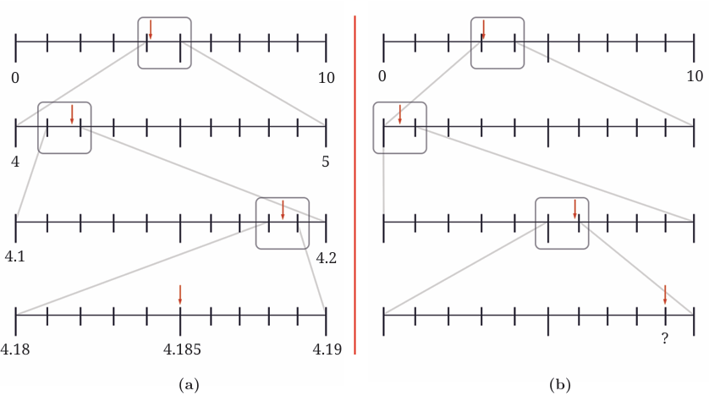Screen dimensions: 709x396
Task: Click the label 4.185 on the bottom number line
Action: point(182,349)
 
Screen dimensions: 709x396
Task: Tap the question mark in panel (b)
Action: point(665,338)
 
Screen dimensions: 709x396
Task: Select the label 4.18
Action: point(15,349)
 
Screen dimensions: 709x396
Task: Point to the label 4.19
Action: point(327,349)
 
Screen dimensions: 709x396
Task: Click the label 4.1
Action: point(15,256)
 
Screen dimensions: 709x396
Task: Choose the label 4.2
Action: point(326,258)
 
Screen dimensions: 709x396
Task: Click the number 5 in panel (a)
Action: point(326,162)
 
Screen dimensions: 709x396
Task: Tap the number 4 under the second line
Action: point(15,162)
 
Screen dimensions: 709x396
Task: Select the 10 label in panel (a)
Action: point(326,78)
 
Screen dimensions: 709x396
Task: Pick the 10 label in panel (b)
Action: point(695,76)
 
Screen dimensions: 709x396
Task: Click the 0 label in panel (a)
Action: point(15,78)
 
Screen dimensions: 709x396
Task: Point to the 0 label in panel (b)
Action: point(382,76)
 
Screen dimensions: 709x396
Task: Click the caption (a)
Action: point(189,385)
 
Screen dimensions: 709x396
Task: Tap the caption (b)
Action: point(560,385)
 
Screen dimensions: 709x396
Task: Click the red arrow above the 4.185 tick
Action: point(180,294)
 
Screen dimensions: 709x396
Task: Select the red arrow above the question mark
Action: point(665,294)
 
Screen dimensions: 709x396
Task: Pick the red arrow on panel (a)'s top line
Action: point(151,30)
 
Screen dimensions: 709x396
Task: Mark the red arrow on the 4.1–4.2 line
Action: point(283,210)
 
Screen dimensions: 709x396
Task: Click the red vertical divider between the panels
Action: point(355,185)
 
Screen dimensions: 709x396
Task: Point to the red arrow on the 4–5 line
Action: point(72,114)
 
